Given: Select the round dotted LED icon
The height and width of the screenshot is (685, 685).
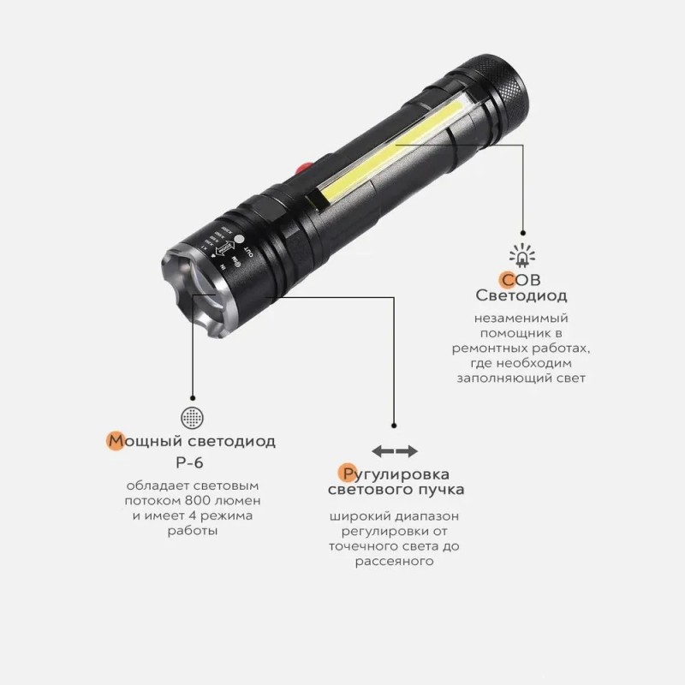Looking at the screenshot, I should pyautogui.click(x=192, y=418).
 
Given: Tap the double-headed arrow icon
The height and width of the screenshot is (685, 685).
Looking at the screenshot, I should pyautogui.click(x=395, y=451).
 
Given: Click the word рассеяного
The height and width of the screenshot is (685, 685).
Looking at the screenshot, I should pyautogui.click(x=395, y=563).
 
